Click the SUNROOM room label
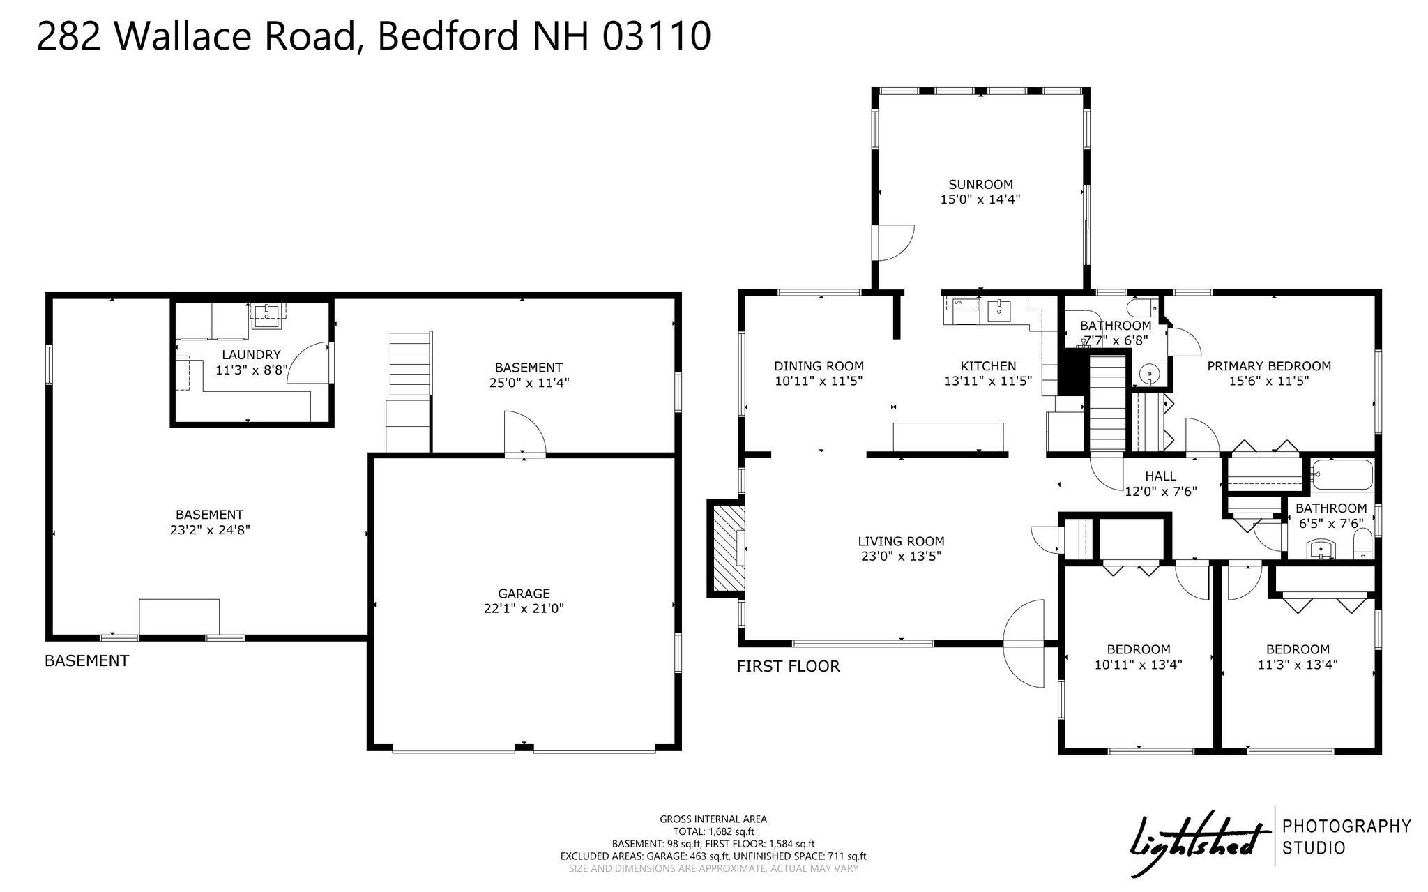coord(980,185)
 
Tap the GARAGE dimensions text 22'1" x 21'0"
coord(524,609)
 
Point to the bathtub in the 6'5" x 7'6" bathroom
coord(1342,475)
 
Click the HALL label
coord(1160,476)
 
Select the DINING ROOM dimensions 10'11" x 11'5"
coord(819,381)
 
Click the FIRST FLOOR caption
coord(788,667)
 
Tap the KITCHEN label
coord(988,366)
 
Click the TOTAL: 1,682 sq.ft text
coord(713,831)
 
